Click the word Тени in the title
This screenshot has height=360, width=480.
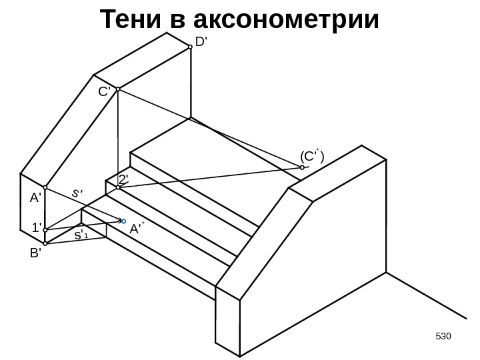132,20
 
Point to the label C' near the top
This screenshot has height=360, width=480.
105,93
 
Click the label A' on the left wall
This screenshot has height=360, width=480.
35,197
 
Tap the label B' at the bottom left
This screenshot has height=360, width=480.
35,254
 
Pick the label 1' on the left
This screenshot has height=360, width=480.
37,227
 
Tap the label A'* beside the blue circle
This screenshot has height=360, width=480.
137,229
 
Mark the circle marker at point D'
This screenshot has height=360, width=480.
191,47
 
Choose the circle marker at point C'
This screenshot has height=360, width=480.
117,89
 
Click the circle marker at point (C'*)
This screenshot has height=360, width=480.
302,168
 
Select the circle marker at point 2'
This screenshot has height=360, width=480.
117,188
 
